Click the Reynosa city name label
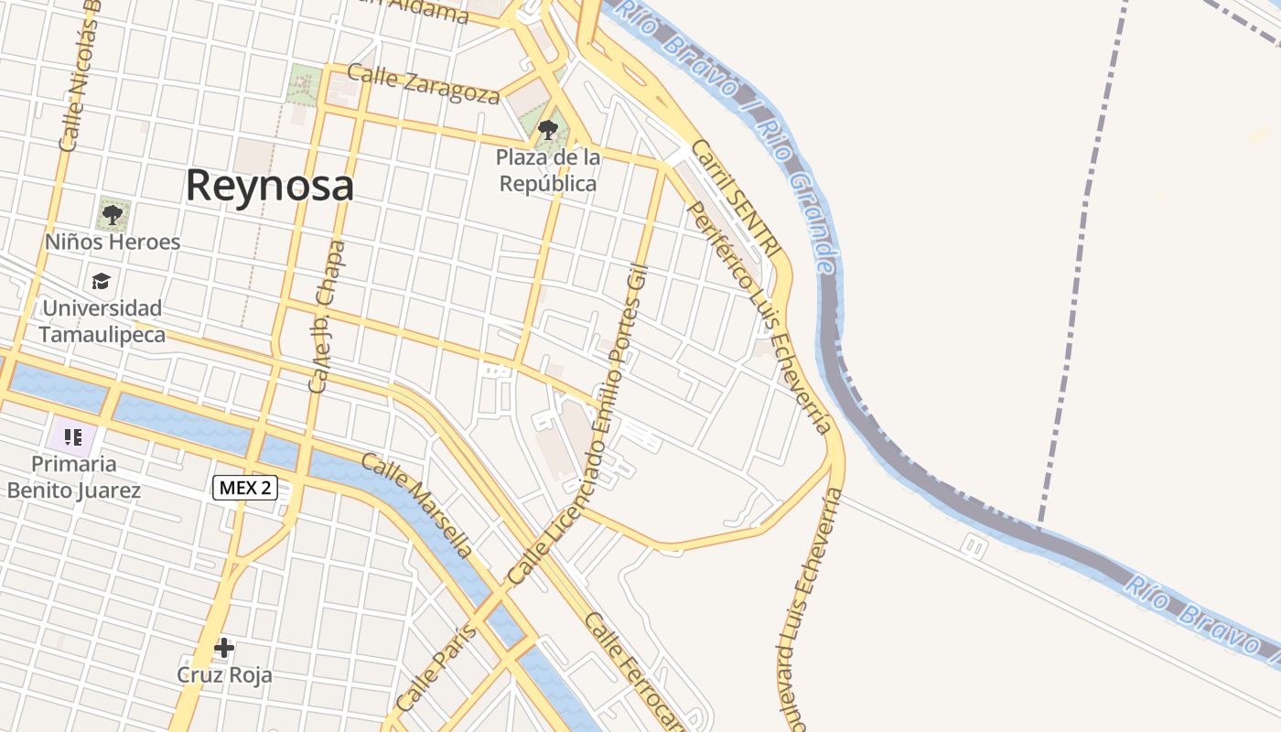[269, 186]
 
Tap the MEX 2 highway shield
[245, 488]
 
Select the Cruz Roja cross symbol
[224, 649]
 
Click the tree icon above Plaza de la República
[548, 130]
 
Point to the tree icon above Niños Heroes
[113, 216]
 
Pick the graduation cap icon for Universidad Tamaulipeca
[101, 281]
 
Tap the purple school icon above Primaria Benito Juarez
[74, 436]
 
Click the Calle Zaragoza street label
[424, 84]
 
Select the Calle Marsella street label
[416, 504]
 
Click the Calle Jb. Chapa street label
[327, 317]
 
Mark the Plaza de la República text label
[547, 170]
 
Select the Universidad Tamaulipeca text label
[102, 321]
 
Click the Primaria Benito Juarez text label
[74, 477]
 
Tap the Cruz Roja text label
[224, 676]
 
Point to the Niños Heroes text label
[113, 242]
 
